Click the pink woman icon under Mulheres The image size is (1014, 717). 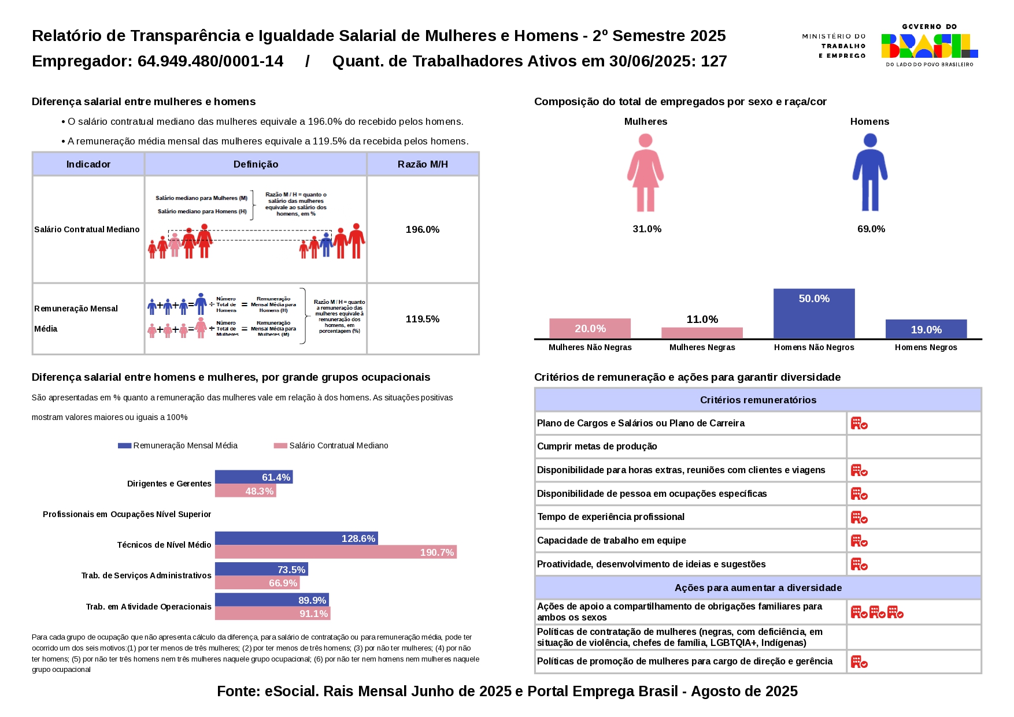coord(645,172)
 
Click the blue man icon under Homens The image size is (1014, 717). coord(869,172)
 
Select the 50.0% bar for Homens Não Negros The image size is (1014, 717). coord(813,313)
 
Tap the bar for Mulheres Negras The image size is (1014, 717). coord(702,333)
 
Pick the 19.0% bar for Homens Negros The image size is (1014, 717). coord(926,329)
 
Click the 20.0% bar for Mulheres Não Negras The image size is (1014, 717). coord(590,328)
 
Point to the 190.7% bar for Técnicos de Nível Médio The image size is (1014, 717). coord(335,552)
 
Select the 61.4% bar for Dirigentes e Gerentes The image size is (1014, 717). coord(253,477)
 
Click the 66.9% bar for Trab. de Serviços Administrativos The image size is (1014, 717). coord(257,583)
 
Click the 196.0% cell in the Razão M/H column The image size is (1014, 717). coord(423,229)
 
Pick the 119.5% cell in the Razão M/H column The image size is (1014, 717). coord(423,319)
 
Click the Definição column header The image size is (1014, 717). coord(256,164)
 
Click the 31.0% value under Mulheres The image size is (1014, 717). coord(647,229)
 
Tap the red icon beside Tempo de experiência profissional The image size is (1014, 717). coord(859,517)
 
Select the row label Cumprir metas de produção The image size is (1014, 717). coord(597,447)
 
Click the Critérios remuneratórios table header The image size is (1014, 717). coord(758,400)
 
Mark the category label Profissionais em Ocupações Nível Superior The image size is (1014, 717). coord(127,514)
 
